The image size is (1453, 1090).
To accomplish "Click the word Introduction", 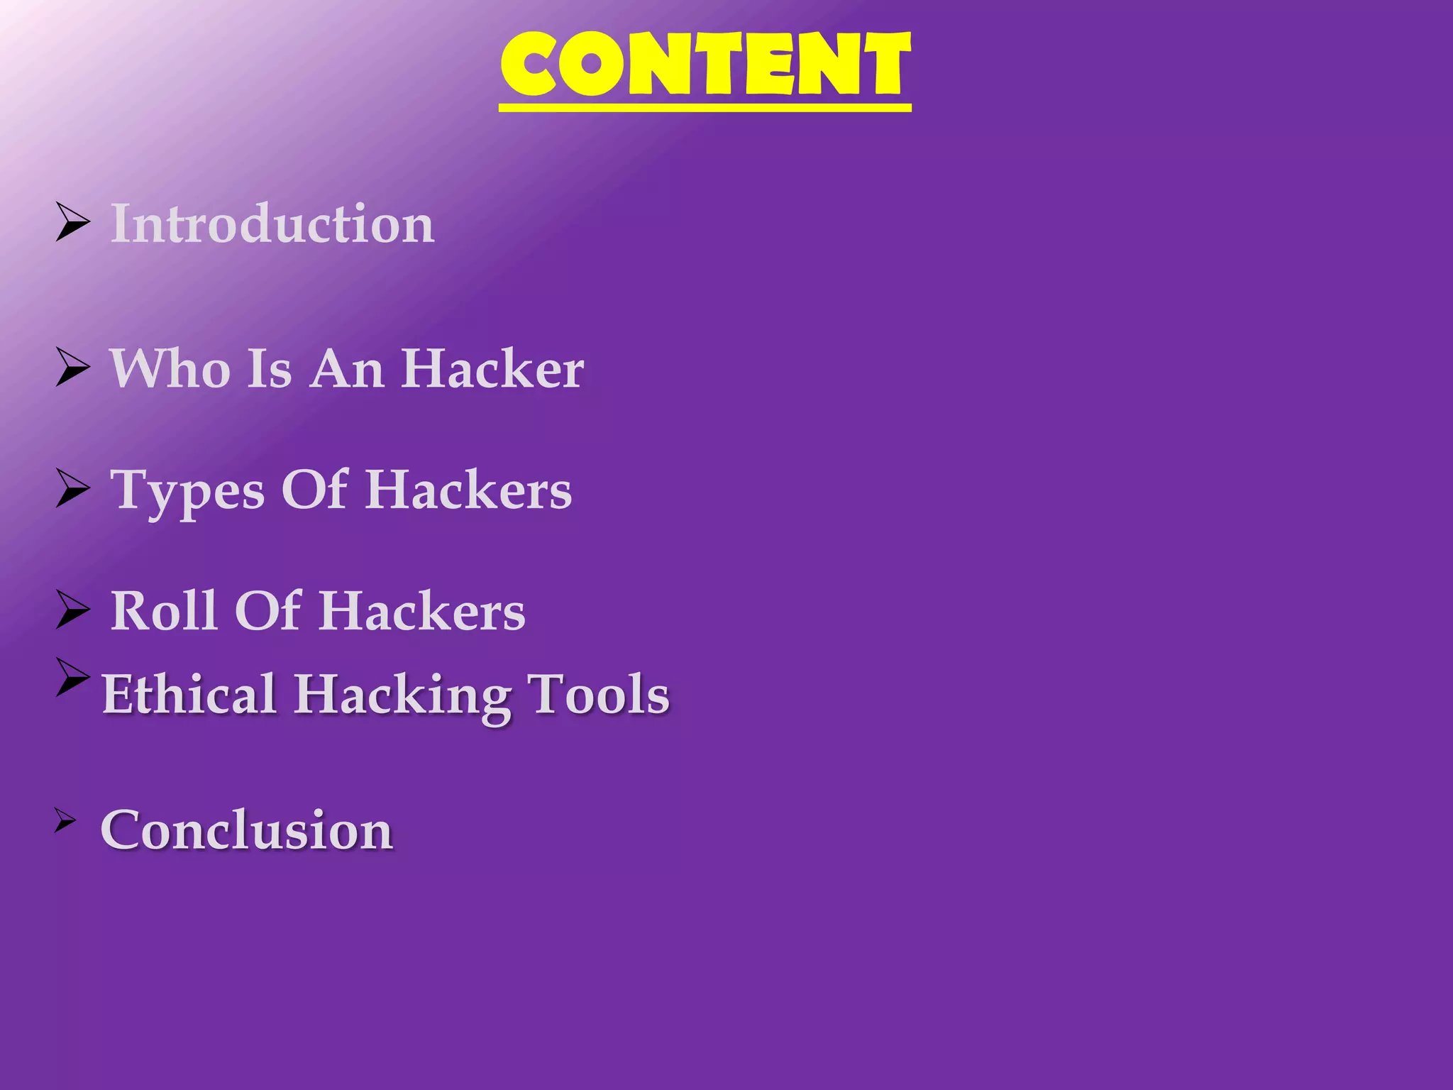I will [x=272, y=224].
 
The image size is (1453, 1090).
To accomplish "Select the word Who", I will [x=170, y=368].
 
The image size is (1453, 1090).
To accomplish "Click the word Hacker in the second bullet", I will [x=492, y=368].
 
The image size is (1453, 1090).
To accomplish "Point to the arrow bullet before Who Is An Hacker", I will [x=72, y=368].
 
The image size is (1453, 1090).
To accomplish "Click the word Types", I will [x=188, y=491].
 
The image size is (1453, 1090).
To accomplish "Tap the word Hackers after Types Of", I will [x=468, y=490].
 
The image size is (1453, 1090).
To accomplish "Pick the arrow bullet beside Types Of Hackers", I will [x=72, y=489].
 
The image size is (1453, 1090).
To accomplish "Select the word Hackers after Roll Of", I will [x=422, y=611].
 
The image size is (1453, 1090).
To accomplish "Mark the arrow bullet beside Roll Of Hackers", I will [x=72, y=610].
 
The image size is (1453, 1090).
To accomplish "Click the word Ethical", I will [x=189, y=694].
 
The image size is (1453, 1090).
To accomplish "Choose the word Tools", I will [x=598, y=694].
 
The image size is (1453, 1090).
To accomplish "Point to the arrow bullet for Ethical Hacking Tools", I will [x=72, y=676].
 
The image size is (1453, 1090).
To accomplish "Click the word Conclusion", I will [x=246, y=830].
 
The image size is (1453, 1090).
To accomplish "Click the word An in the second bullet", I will [x=347, y=368].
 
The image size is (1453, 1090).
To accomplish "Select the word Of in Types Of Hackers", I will [x=314, y=490].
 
